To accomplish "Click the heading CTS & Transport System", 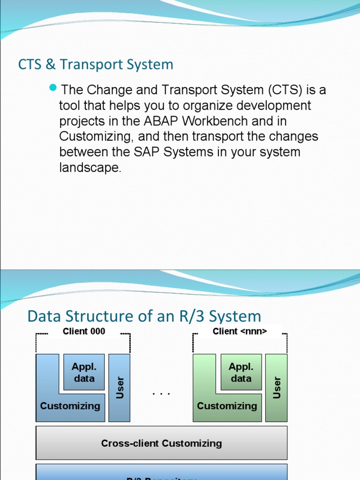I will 96,65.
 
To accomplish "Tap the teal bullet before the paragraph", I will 52,88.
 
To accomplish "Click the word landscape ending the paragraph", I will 90,168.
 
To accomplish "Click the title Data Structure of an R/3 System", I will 144,316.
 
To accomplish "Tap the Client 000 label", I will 84,331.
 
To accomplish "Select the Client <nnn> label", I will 240,331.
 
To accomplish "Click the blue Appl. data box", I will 84,372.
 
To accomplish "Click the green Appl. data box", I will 241,372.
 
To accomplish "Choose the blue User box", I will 120,388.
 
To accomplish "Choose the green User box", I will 277,388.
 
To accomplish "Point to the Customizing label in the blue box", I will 70,406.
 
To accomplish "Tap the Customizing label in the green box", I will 227,406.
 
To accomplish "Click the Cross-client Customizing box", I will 161,443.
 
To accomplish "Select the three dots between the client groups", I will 161,393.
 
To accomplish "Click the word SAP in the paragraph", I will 176,152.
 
